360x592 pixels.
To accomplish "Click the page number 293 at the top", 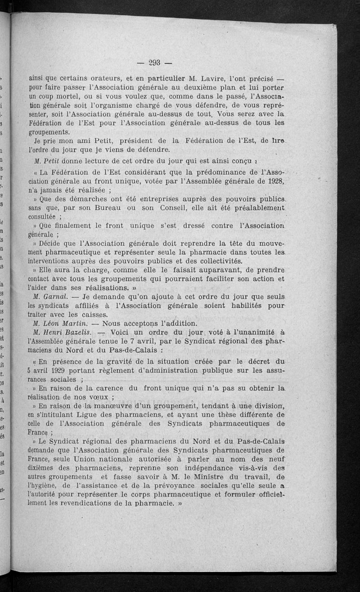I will click(154, 63).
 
